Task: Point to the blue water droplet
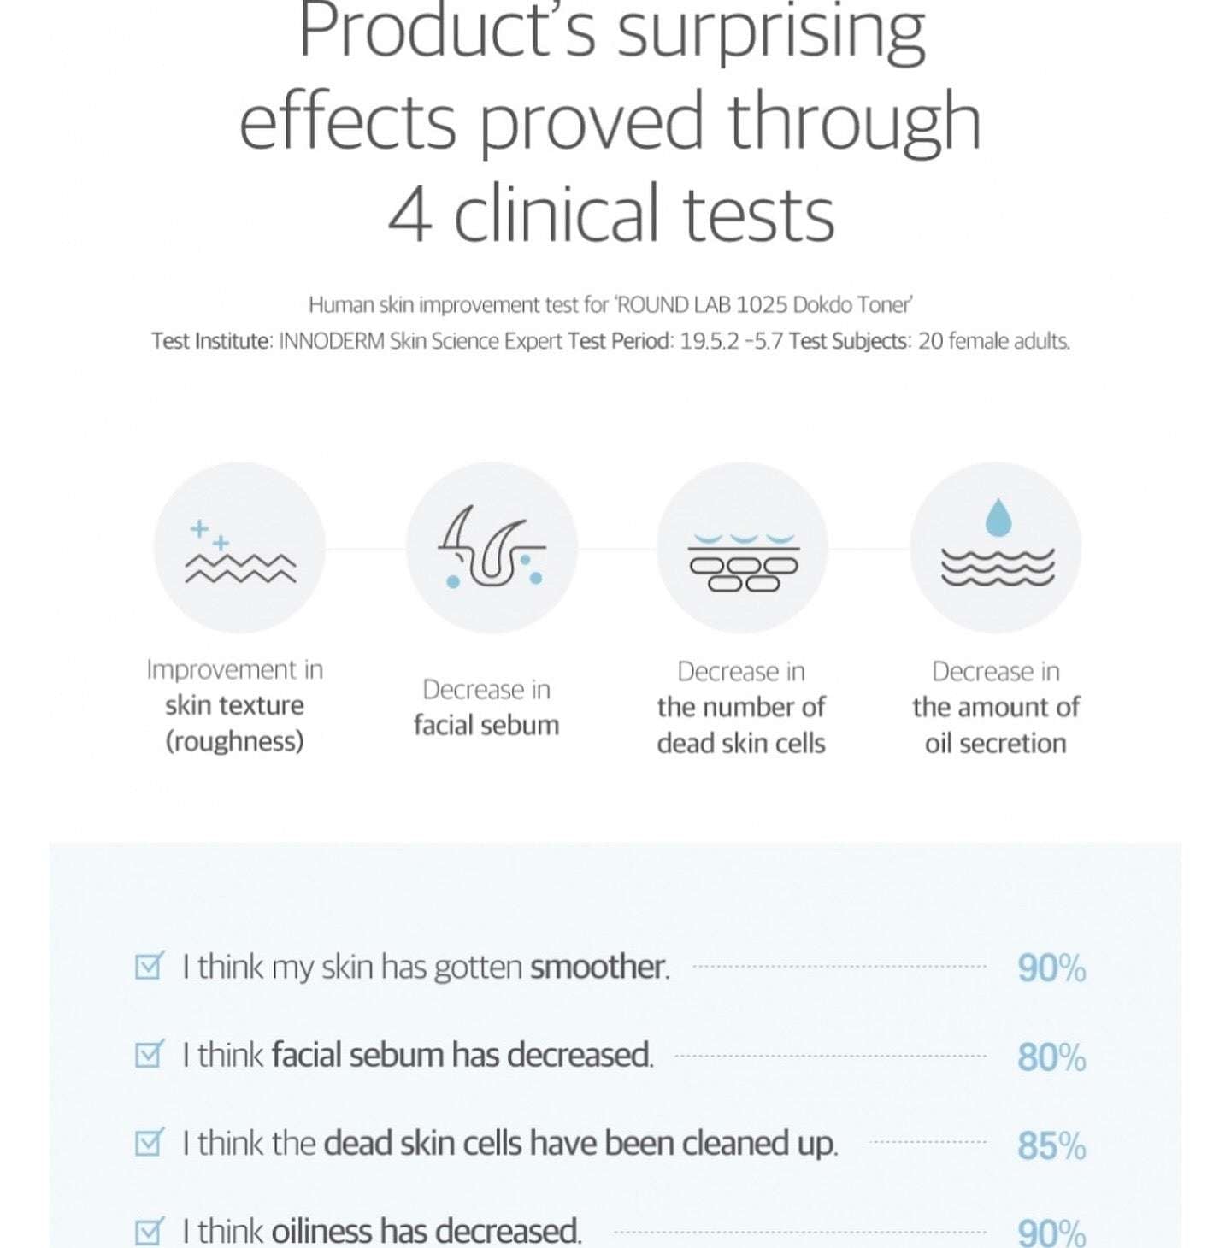point(998,518)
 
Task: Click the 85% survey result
point(1051,1145)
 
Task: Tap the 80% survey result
point(1051,1057)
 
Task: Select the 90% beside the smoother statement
point(1051,968)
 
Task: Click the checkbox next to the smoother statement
point(149,966)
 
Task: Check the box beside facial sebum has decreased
point(149,1054)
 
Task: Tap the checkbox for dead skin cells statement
point(149,1142)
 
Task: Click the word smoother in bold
point(598,967)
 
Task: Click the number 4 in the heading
point(409,214)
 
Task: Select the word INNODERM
point(332,341)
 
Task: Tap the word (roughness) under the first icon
point(234,741)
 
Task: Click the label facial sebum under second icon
point(486,726)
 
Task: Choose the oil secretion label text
point(995,744)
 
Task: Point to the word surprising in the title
point(771,32)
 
